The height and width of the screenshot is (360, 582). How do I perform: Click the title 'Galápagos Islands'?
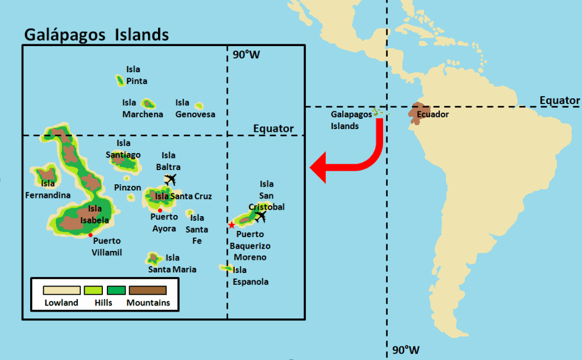[x=96, y=34]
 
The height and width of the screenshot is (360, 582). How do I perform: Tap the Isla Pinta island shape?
[x=120, y=81]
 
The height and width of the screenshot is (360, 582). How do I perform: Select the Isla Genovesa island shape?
[x=199, y=106]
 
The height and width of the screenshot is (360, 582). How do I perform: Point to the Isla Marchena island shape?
[x=148, y=104]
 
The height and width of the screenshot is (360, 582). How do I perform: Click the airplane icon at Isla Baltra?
[x=170, y=179]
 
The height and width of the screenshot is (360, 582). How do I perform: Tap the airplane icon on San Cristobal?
[x=261, y=217]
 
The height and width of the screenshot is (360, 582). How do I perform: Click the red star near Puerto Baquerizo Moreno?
[x=231, y=225]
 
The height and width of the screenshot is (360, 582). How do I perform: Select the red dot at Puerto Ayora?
[x=160, y=210]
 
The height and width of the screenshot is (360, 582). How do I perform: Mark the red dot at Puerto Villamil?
[x=90, y=235]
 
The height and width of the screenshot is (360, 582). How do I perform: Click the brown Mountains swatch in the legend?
[x=147, y=290]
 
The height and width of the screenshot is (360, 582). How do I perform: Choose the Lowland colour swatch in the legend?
[x=61, y=290]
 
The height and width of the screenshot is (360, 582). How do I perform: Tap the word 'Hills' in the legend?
[x=103, y=303]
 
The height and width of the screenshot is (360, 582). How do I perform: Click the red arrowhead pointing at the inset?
[x=320, y=168]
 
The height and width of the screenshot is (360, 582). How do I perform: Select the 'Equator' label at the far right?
[x=559, y=101]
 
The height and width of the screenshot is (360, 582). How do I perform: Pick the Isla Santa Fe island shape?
[x=189, y=213]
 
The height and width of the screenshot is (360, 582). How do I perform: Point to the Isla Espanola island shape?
[x=226, y=268]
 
